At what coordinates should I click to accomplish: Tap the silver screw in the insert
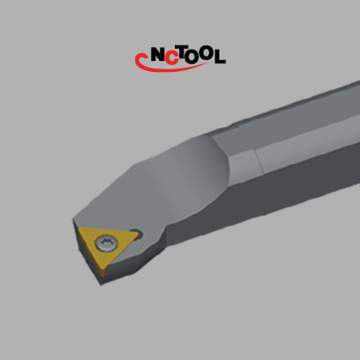[x=107, y=243]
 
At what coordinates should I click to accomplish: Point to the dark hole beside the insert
[x=136, y=234]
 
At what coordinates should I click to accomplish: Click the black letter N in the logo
[x=158, y=55]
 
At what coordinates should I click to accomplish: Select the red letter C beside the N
[x=171, y=57]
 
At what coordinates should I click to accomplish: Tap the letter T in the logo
[x=183, y=53]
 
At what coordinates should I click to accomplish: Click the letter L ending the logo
[x=219, y=57]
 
